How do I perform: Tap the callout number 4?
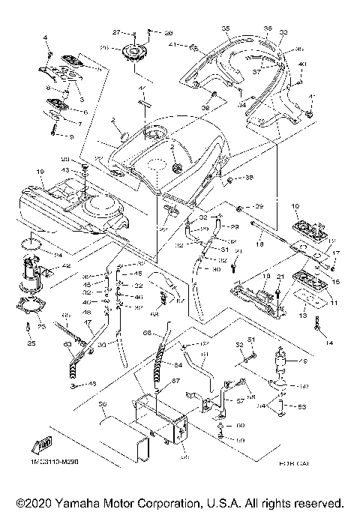46,37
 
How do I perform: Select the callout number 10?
295,205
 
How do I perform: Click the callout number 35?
225,28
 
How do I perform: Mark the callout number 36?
267,28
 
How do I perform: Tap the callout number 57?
241,402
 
